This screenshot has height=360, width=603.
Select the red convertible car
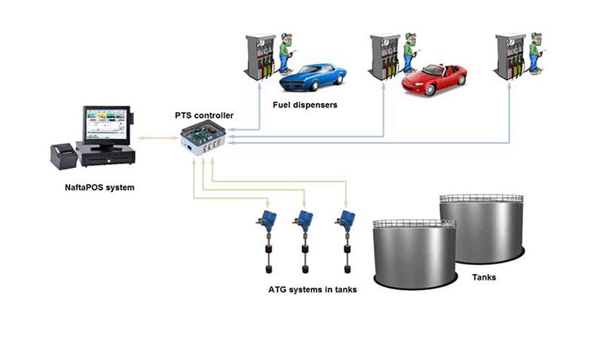pyautogui.click(x=434, y=76)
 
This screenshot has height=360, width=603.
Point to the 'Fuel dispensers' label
pyautogui.click(x=304, y=105)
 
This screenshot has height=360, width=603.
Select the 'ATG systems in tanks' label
pyautogui.click(x=312, y=288)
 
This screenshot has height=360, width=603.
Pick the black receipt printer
pyautogui.click(x=64, y=155)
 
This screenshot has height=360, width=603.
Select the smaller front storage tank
pyautogui.click(x=415, y=252)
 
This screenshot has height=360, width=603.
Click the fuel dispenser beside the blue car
pyautogui.click(x=258, y=56)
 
